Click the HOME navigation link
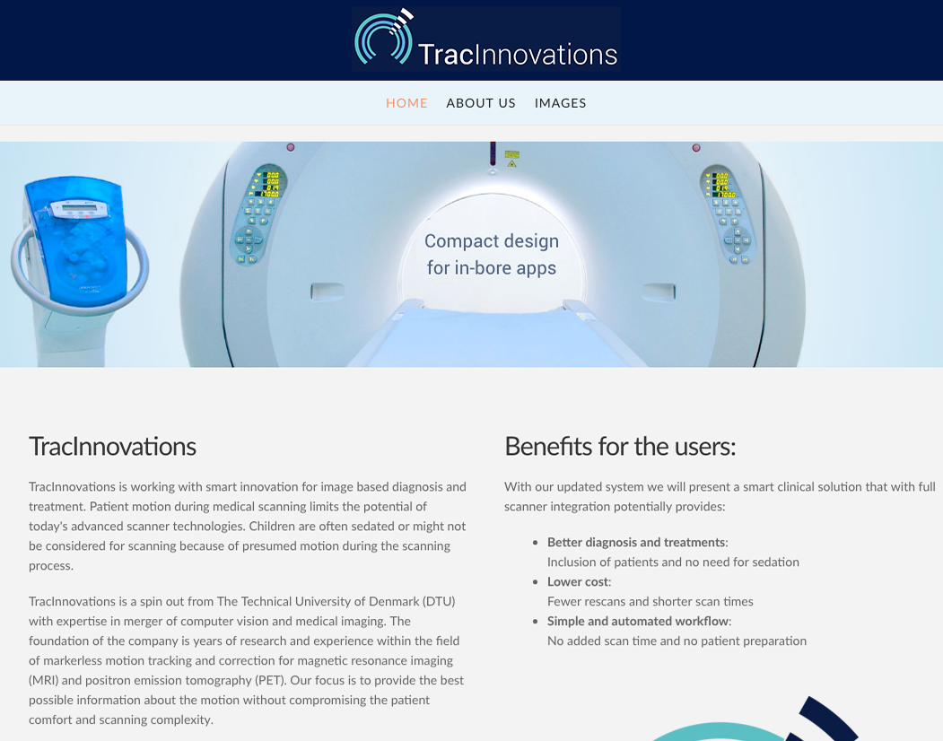coord(406,103)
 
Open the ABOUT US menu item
coord(481,103)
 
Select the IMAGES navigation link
coord(561,103)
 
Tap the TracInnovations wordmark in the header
coord(518,54)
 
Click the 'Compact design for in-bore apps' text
coord(492,255)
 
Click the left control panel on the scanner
coord(258,214)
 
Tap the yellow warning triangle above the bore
coord(511,163)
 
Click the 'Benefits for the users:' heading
coord(620,446)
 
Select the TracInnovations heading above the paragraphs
coord(112,446)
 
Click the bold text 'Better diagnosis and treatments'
coord(636,542)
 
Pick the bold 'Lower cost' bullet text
coord(577,581)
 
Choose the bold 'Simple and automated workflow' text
coord(637,621)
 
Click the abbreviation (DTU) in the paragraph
coord(439,601)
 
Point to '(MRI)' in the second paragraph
coord(43,680)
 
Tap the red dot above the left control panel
coord(291,147)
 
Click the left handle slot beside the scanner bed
coord(327,292)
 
